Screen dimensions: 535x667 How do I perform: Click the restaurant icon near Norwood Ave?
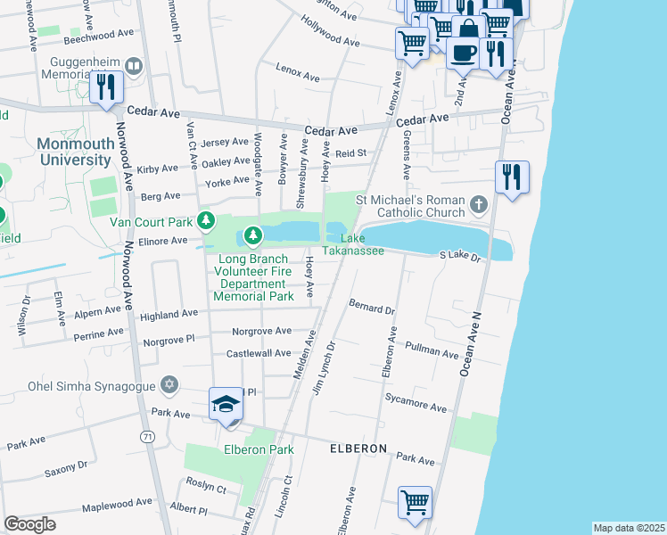106,87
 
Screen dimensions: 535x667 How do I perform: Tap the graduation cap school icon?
226,404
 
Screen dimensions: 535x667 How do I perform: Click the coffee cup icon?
462,52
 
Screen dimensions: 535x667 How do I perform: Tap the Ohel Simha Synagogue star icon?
169,386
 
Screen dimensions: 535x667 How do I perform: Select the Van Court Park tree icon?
207,220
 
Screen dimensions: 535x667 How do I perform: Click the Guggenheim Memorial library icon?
134,65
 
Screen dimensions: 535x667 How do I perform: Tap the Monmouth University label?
75,152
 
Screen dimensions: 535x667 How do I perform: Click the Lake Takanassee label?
361,244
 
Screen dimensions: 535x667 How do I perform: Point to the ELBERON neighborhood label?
358,449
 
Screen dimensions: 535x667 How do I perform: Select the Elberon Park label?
259,449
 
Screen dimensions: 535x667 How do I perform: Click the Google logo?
29,524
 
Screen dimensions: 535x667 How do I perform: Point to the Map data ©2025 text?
629,528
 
